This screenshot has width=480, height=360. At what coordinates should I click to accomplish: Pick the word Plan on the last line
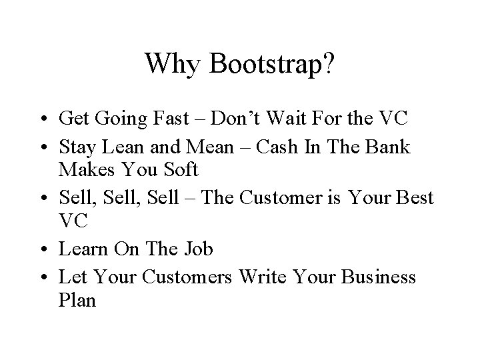coord(77,301)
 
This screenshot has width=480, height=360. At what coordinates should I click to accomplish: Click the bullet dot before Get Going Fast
coord(44,121)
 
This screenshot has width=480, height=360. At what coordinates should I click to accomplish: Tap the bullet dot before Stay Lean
coord(44,146)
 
